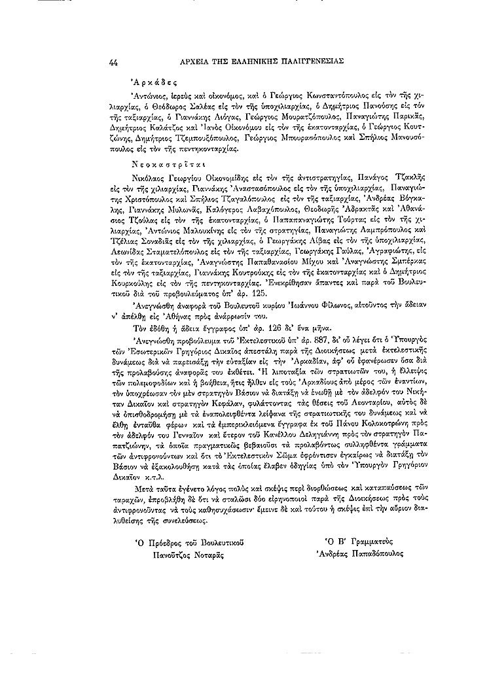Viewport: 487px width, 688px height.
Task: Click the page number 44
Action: (114, 62)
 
